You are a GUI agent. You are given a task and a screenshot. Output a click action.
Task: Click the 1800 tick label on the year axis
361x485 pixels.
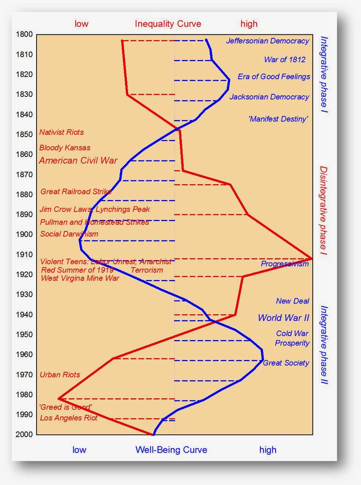tap(24, 34)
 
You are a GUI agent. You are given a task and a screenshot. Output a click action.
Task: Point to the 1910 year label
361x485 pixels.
tap(24, 254)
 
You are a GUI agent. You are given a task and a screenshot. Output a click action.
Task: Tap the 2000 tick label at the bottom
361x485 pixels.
tap(24, 434)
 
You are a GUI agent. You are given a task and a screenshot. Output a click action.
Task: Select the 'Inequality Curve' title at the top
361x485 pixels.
tap(168, 24)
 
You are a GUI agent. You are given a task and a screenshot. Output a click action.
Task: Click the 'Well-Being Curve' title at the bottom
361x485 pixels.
tap(171, 450)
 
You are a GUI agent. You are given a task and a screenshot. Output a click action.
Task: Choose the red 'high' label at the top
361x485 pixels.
tap(249, 24)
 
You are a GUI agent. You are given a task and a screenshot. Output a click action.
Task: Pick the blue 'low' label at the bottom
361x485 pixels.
tap(79, 450)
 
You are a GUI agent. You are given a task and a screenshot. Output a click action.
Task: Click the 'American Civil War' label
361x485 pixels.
tap(78, 160)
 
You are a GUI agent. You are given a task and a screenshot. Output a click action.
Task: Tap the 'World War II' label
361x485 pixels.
tap(283, 318)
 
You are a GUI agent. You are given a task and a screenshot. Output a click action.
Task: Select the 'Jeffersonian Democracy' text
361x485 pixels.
tap(267, 41)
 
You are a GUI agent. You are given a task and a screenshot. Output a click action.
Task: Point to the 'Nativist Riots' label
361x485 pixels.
tap(62, 132)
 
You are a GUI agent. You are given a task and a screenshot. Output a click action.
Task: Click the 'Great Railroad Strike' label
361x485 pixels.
tap(76, 191)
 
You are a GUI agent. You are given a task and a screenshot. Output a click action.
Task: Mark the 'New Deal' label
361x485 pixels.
tap(292, 301)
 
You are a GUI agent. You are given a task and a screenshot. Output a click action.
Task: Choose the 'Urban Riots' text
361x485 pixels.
tap(60, 374)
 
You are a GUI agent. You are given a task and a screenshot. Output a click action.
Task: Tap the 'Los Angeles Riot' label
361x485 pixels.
tap(69, 418)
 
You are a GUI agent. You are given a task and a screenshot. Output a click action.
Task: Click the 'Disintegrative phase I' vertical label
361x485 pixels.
tap(323, 212)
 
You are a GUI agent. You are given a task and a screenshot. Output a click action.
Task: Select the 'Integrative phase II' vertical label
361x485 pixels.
tap(324, 345)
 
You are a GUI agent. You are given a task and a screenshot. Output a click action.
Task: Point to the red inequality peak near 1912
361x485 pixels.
tap(312, 258)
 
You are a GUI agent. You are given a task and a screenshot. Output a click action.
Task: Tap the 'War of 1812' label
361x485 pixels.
tap(285, 60)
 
